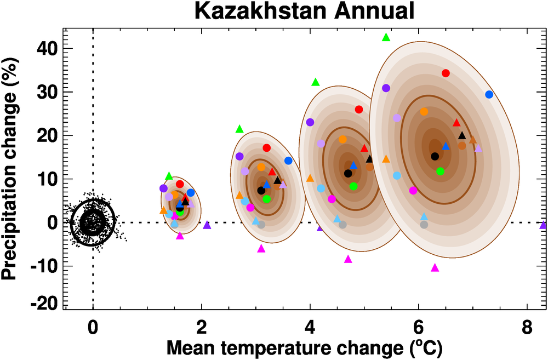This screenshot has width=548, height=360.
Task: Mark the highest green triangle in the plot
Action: pos(386,37)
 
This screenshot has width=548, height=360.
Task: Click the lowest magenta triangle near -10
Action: pos(435,268)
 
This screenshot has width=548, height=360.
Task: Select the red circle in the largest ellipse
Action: pos(446,73)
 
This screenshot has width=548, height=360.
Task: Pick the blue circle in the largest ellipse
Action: pos(489,95)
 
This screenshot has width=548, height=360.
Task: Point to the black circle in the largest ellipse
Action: pos(435,156)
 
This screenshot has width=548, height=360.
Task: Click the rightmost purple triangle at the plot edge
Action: pos(543,225)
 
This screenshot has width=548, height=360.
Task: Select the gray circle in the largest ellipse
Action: pos(424,225)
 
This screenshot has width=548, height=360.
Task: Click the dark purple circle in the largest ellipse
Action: pos(386,88)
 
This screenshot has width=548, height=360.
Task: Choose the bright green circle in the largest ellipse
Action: pos(440,172)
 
